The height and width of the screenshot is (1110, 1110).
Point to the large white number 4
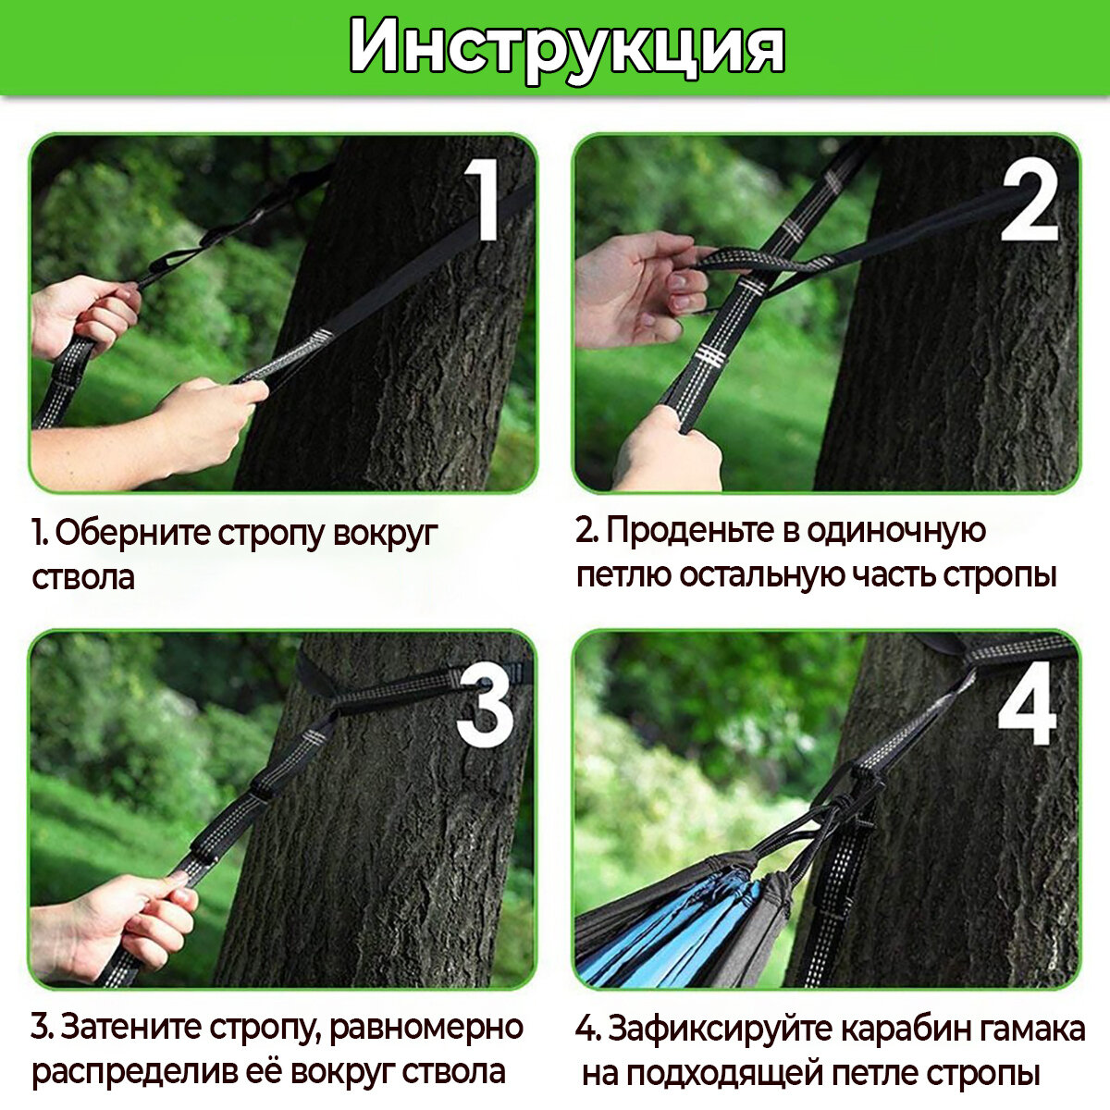(1027, 704)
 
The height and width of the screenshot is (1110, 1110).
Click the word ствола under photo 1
(83, 577)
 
